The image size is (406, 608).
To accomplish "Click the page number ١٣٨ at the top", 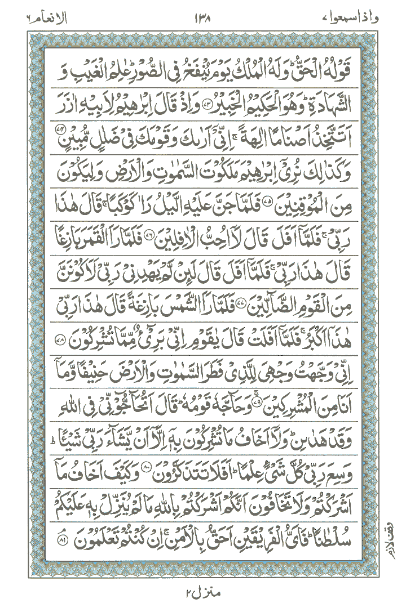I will coord(204,12).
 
